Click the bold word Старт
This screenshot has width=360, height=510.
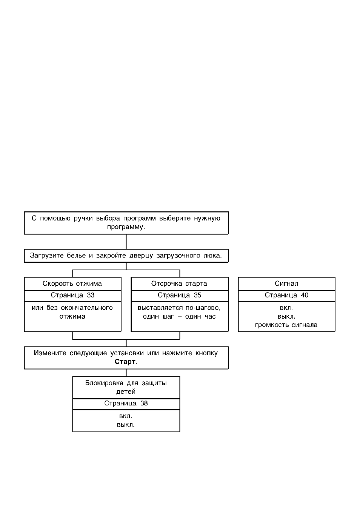coord(125,362)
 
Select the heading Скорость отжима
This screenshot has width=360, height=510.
coord(72,284)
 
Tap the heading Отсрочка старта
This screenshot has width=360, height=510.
coord(179,284)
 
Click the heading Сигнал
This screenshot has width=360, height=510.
coord(286,284)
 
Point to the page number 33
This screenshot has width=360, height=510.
coord(91,295)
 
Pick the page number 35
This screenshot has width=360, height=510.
coord(197,295)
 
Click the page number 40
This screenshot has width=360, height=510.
coord(305,295)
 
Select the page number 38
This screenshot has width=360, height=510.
coord(144,403)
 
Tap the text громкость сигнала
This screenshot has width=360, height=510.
coord(286,325)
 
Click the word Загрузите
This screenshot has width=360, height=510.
coord(47,256)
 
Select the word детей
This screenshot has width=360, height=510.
coord(126,391)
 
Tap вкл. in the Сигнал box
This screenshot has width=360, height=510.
coord(286,308)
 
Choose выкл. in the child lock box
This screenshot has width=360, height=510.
coord(126,425)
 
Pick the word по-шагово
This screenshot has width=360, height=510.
coord(203,308)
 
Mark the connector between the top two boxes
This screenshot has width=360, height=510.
coord(126,242)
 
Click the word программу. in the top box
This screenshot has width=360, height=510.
coord(126,227)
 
